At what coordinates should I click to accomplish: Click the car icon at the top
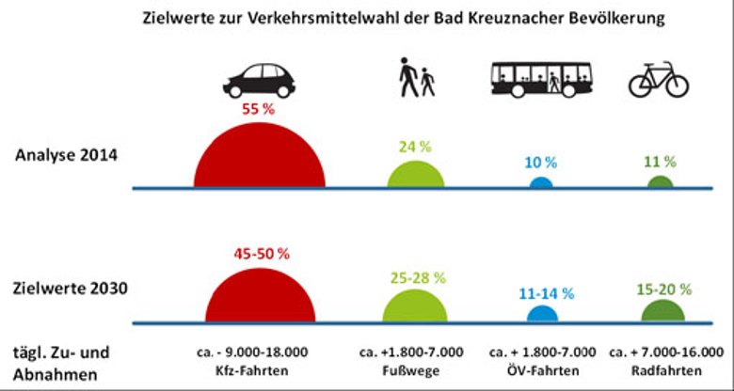[258, 80]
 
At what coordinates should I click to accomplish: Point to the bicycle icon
[659, 80]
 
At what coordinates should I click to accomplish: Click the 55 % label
[257, 109]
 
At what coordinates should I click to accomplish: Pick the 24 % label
[415, 147]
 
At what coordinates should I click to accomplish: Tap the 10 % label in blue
[540, 162]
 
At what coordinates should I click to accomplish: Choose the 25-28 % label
[415, 278]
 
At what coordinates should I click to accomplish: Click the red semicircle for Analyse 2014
[257, 155]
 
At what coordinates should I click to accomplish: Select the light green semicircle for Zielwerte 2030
[415, 307]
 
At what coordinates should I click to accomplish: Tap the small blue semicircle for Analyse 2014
[540, 182]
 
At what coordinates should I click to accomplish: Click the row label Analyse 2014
[66, 155]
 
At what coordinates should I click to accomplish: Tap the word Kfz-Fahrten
[256, 368]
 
